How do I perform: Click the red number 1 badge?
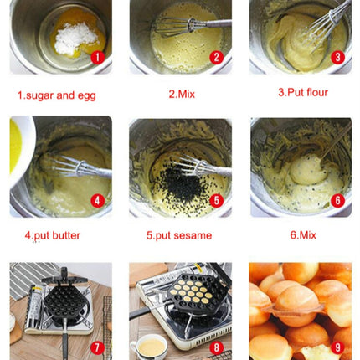point(96,57)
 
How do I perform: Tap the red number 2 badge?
point(216,57)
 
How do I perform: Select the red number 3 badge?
point(337,57)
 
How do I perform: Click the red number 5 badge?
point(216,200)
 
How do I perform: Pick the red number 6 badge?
point(337,200)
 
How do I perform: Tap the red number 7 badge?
point(96,346)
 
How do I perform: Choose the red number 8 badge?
point(216,346)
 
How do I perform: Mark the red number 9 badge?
point(337,346)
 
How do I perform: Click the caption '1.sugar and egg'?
point(57,95)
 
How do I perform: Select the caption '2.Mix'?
point(181,94)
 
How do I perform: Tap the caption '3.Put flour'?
point(302,92)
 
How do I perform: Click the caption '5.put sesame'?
point(180,236)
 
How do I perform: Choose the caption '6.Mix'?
point(301,236)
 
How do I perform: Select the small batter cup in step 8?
point(149,344)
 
